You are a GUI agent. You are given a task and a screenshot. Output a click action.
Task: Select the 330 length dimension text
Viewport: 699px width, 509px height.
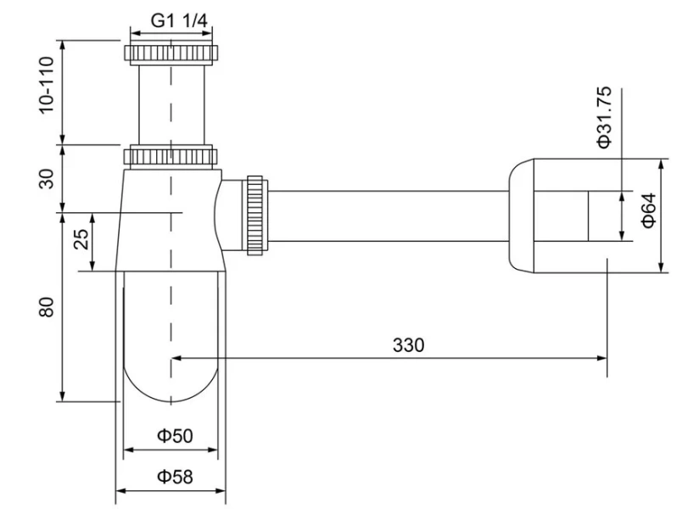tap(408, 345)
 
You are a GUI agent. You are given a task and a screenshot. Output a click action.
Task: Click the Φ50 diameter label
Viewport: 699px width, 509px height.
tap(175, 436)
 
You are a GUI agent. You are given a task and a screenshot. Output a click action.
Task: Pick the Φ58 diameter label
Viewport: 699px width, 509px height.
tap(175, 477)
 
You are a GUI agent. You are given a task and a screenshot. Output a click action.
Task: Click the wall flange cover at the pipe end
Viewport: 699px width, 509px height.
tap(530, 215)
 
